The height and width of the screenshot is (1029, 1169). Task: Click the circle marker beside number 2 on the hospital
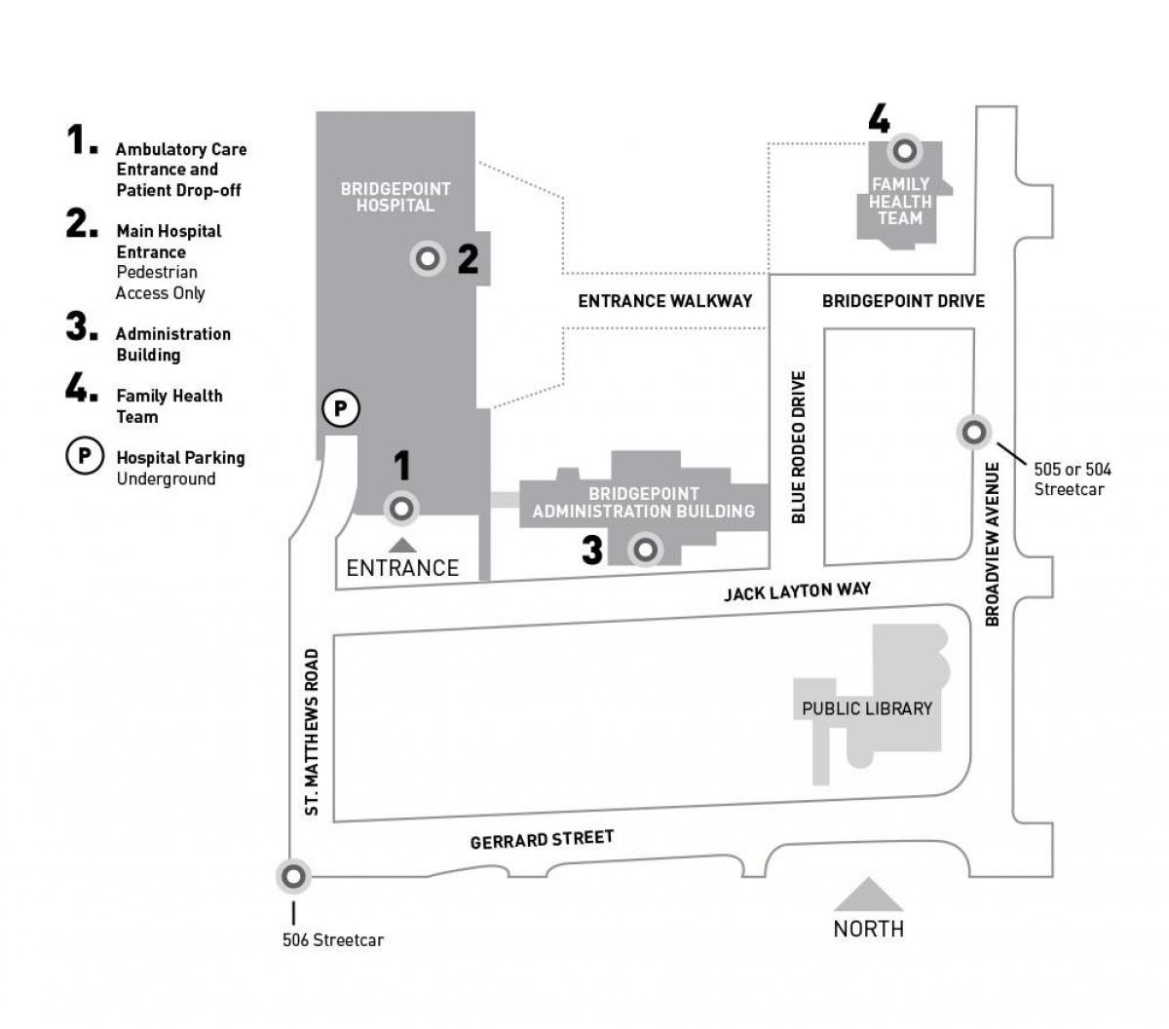coord(427,259)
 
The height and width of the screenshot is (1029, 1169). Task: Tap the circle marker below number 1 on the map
coord(401,509)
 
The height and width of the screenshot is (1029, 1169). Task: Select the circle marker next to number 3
coord(644,550)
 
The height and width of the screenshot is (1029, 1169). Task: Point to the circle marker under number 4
coord(905,151)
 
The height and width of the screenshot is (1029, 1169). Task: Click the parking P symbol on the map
coord(341,408)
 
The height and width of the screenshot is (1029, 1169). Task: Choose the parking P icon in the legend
coord(85,455)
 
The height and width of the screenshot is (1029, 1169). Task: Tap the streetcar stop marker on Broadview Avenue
coord(973,432)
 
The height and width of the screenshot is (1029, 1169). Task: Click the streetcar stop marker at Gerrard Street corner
coord(293,877)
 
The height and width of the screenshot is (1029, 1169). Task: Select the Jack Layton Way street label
coord(797,591)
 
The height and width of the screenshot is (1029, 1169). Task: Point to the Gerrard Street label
coord(542,839)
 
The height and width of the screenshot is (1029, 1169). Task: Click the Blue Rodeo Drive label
coord(799,447)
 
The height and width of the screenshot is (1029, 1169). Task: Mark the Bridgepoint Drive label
coord(903,301)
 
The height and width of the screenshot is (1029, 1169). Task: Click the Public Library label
coord(867,708)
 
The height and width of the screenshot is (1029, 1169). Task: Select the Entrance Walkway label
coord(665,301)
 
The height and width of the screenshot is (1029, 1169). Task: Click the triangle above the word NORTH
coord(868,895)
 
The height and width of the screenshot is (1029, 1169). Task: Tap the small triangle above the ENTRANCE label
coord(402,545)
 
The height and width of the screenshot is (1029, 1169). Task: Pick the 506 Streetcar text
coord(333,940)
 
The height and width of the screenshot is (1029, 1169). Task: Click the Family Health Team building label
coord(900,201)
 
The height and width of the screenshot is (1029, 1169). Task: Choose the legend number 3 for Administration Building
coord(81,327)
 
